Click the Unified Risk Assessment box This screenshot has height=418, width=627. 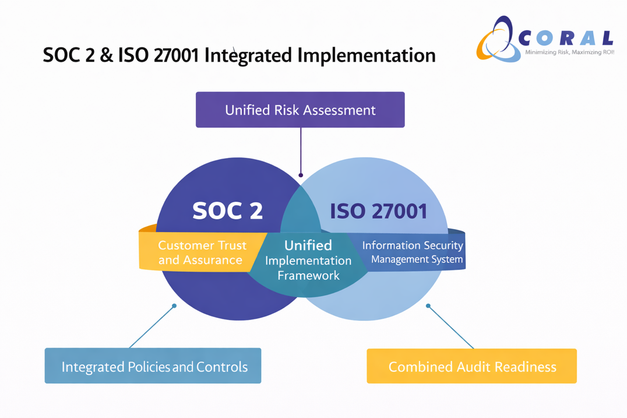coord(300,110)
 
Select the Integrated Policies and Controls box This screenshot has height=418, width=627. coord(153,366)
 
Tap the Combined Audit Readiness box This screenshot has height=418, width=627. coord(471,366)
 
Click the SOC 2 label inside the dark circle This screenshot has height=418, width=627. coord(227,210)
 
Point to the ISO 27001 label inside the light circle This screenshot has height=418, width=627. coord(379,210)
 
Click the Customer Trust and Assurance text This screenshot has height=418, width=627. coord(202,252)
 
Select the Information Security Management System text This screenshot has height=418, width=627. coord(413,252)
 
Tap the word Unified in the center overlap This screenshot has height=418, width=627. coord(308,245)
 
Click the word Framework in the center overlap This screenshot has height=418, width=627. coord(308,275)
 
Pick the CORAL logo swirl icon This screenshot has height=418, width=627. coord(496,40)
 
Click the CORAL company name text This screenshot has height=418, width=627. coord(565,38)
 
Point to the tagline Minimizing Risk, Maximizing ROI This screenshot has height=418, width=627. coord(569,52)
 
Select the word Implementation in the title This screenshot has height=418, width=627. coord(367,55)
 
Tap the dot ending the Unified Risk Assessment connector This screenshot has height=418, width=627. coord(301,175)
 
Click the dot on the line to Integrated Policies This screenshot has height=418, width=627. coord(174,305)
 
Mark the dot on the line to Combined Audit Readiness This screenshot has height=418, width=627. coord(428,305)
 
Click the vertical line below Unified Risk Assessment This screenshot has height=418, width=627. coord(301,150)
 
